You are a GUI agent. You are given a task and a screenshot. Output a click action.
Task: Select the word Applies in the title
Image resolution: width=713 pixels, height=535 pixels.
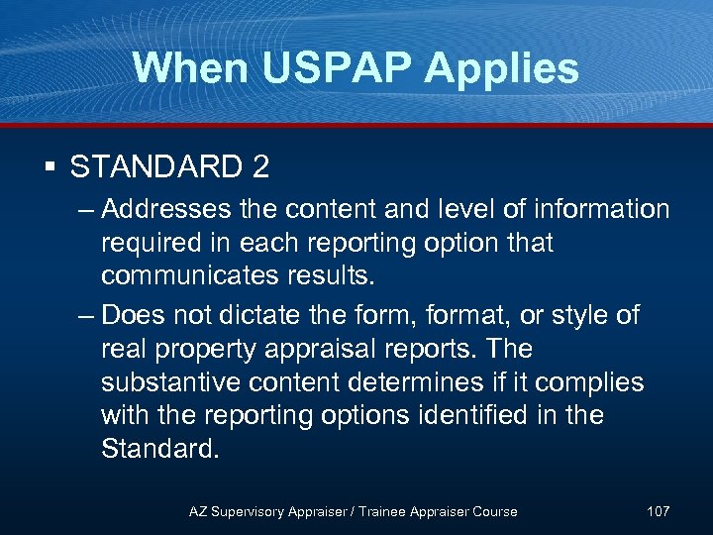pos(505,68)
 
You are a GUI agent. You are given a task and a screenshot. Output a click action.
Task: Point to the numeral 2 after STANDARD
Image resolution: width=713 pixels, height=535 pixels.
pos(260,166)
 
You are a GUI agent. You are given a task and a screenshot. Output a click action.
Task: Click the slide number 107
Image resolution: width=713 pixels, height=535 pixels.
pos(658,511)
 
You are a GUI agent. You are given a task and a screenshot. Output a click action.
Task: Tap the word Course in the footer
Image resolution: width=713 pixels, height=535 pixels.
pos(494,511)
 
